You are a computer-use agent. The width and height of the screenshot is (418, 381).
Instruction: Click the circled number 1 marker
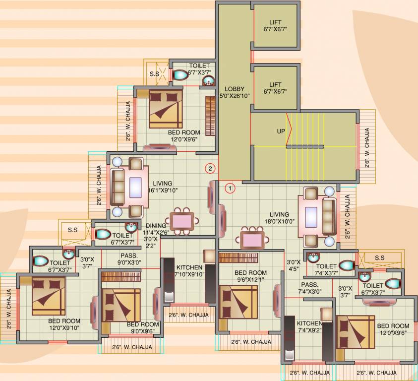(x=230, y=188)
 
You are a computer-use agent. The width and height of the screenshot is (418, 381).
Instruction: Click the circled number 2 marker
(x=210, y=169)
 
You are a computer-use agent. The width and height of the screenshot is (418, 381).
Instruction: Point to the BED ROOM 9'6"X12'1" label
(x=250, y=276)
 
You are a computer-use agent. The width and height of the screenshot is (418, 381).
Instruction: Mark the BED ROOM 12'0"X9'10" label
(x=64, y=324)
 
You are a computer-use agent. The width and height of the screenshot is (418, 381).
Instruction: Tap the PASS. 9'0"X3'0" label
(x=128, y=259)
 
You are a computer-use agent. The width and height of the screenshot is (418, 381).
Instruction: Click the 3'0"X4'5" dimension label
(x=294, y=265)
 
